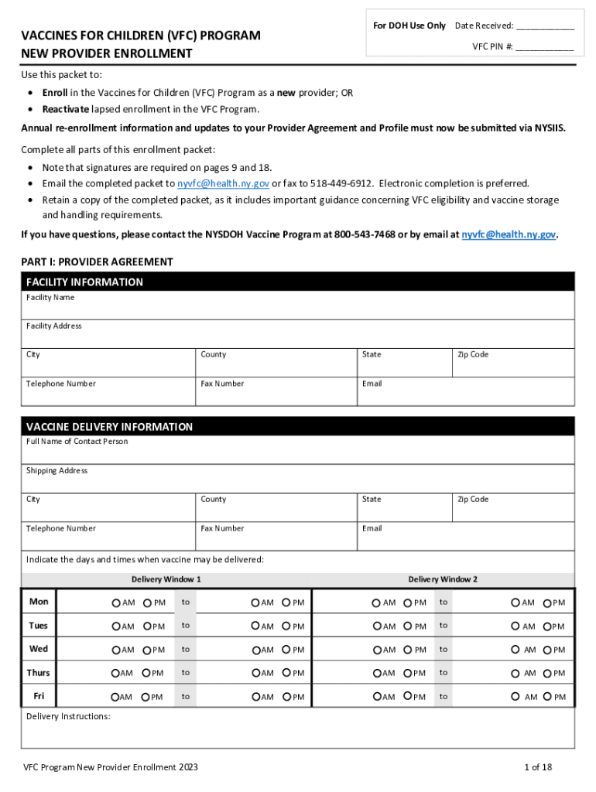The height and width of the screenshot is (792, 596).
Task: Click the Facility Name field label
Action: pos(50,297)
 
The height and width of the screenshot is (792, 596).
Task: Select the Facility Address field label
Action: pos(53,326)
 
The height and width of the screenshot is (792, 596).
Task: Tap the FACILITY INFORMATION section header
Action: pos(84,282)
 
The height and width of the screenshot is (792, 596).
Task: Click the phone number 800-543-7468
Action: pos(365,234)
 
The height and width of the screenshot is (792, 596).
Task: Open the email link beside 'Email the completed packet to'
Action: pos(223,183)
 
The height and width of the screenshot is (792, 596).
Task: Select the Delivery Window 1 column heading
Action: pos(166,579)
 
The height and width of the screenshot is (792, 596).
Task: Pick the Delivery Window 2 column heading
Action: pos(443,579)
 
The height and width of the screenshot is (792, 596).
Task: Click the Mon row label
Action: pos(38,602)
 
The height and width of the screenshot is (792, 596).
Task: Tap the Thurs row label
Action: pos(38,673)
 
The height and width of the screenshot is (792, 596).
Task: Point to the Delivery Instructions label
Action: pos(68,716)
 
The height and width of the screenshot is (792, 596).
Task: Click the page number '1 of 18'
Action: pos(538,767)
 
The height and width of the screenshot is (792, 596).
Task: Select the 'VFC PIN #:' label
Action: pos(493,46)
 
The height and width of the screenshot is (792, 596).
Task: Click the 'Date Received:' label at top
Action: pos(484,26)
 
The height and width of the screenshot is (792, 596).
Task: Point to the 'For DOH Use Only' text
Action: pos(409,26)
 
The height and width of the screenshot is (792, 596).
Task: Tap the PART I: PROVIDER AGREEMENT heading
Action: pos(97,262)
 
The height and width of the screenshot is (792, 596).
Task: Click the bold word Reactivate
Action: pos(66,109)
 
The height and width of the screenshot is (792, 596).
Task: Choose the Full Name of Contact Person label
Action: pos(77,442)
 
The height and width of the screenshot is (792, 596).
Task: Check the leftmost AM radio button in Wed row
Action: pos(117,650)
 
